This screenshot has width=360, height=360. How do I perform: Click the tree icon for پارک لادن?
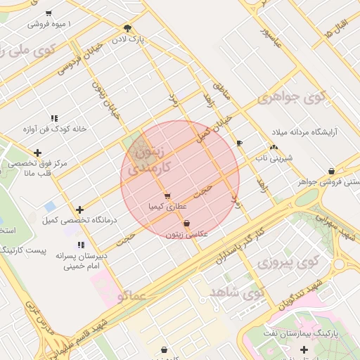[127, 27]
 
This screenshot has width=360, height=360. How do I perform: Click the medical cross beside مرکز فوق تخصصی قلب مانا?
[37, 153]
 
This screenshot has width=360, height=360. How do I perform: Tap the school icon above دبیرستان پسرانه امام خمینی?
[82, 245]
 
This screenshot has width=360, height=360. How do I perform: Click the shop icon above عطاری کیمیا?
[167, 196]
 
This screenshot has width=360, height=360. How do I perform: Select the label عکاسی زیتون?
[186, 233]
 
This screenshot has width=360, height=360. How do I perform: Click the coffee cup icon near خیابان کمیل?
[240, 143]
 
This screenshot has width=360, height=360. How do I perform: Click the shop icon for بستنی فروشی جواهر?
[331, 171]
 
